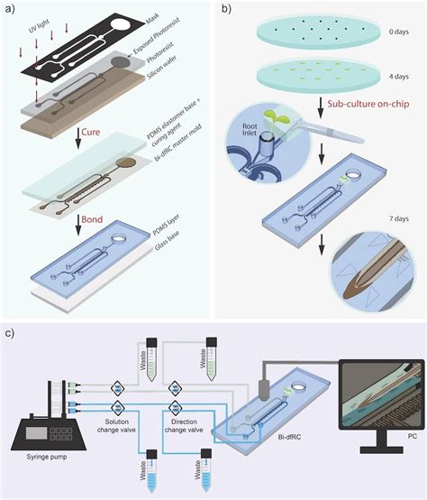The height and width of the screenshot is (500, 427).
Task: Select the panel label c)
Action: pos(10,332)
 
